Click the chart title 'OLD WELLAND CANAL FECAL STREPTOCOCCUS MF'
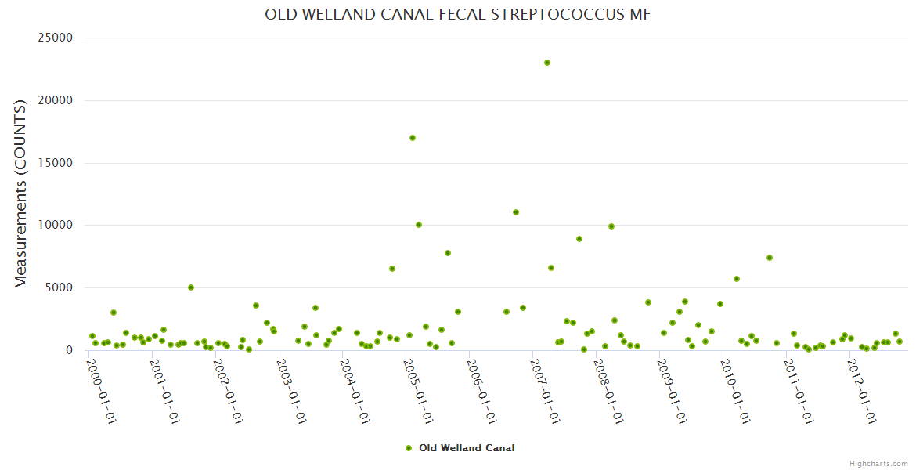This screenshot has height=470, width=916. click(458, 15)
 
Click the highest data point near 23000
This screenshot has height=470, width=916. click(547, 63)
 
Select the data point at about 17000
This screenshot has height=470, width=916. click(413, 138)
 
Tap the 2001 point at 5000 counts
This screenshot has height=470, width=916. click(190, 287)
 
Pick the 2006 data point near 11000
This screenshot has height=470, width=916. click(516, 212)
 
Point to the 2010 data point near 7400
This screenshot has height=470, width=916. click(770, 258)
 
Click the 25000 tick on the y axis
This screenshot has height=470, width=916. click(56, 38)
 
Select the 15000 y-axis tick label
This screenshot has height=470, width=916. click(56, 163)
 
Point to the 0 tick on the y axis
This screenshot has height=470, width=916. click(69, 350)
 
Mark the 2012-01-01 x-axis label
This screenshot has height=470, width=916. click(861, 392)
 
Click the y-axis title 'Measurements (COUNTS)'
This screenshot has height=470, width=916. click(21, 193)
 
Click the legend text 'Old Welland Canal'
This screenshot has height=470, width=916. click(467, 448)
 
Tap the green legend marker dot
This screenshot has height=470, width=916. click(408, 448)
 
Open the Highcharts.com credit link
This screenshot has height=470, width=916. click(878, 463)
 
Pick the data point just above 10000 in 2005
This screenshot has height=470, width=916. click(419, 225)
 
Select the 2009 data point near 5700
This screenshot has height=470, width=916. click(737, 279)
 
